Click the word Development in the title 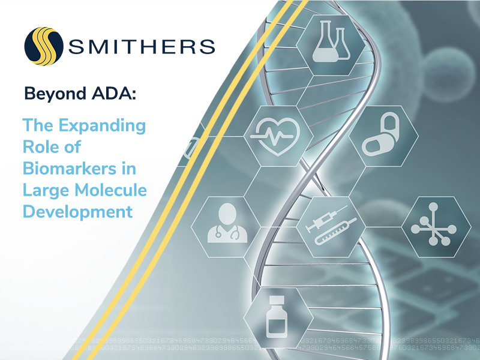[77, 212]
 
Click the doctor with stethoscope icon [223, 221]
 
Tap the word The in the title [35, 126]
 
